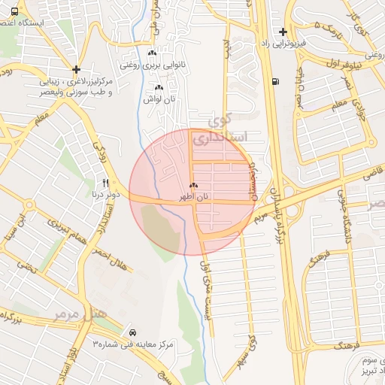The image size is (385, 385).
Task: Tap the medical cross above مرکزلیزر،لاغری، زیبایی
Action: tap(77, 69)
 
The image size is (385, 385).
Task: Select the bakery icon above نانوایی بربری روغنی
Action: tap(153, 53)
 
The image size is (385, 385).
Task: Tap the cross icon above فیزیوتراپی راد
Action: tap(283, 32)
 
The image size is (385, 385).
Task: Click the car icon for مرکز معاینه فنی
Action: tap(132, 332)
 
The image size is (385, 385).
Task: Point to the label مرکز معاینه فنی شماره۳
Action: tap(132, 344)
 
